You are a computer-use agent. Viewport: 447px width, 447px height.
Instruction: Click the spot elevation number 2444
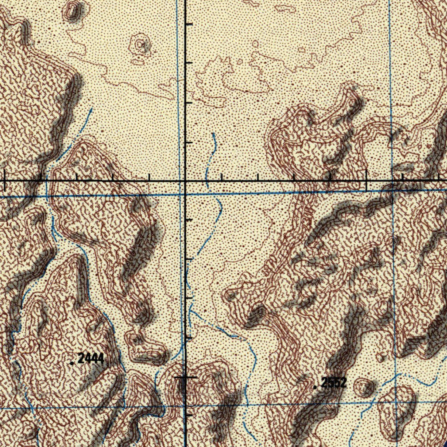pyautogui.click(x=91, y=359)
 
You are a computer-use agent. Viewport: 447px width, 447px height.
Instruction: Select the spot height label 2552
pyautogui.click(x=334, y=383)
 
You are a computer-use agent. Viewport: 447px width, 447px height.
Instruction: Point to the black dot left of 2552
pyautogui.click(x=315, y=387)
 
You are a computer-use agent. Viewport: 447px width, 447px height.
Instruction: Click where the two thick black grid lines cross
pyautogui.click(x=185, y=180)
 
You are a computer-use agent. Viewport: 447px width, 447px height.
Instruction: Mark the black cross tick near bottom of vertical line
pyautogui.click(x=185, y=377)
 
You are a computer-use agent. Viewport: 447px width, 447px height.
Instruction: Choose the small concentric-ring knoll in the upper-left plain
pyautogui.click(x=140, y=45)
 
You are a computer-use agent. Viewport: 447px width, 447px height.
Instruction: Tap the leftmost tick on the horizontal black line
pyautogui.click(x=4, y=180)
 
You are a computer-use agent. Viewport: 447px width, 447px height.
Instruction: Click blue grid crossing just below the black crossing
pyautogui.click(x=182, y=195)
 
